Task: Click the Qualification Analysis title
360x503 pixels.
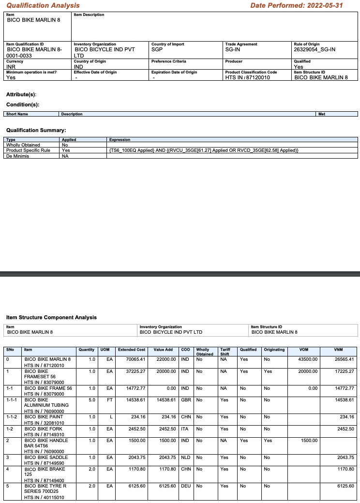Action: coord(43,5)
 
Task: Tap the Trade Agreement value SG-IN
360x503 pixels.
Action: coord(234,49)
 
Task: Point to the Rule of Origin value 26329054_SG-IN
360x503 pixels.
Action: coord(315,49)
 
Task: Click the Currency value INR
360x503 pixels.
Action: coord(11,67)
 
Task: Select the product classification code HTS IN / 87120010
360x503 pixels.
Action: coord(248,77)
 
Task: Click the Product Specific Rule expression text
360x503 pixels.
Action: coord(204,150)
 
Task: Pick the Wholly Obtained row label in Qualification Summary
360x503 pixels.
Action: coord(23,145)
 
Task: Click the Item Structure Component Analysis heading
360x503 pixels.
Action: coord(51,317)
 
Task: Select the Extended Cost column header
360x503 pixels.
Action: coord(131,349)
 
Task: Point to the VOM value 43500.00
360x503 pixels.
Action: coord(308,359)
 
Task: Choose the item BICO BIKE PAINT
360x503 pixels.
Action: coord(44,416)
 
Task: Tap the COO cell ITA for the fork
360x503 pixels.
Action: coord(184,429)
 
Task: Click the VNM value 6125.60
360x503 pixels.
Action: coord(344,486)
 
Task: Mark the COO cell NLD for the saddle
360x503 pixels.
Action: coord(185,457)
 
